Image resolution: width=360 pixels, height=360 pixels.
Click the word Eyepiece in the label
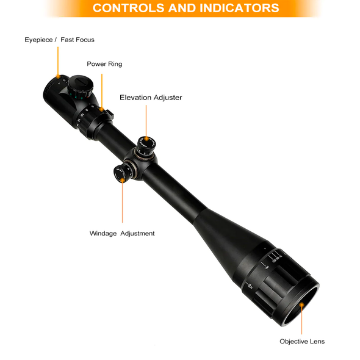tap(39, 40)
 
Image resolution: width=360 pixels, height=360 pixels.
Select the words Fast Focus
tap(77, 40)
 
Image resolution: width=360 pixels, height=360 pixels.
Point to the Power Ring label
tap(104, 64)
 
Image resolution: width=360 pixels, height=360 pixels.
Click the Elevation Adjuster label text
tap(151, 98)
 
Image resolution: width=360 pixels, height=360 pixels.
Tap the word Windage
tap(103, 233)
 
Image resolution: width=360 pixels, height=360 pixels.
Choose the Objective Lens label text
tap(302, 341)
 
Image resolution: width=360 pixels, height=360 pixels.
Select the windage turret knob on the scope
tap(121, 173)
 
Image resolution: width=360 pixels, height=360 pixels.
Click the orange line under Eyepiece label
tap(58, 61)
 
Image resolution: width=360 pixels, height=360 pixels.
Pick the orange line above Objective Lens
tap(301, 321)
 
